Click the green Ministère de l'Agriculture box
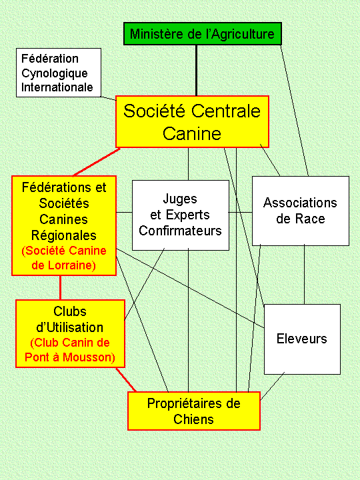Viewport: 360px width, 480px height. (x=203, y=34)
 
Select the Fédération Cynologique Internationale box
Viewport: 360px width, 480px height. (x=59, y=73)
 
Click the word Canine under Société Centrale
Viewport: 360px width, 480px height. (x=192, y=133)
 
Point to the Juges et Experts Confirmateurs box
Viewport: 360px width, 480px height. (x=180, y=215)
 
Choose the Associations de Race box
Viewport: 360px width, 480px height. (x=300, y=211)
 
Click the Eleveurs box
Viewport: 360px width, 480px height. (x=302, y=339)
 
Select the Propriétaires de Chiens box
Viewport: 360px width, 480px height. (x=194, y=411)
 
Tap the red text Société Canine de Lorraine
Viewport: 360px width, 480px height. (x=64, y=258)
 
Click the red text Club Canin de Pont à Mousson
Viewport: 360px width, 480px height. (x=70, y=350)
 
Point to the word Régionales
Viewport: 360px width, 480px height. (x=64, y=235)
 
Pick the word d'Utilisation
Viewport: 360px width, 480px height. (x=70, y=327)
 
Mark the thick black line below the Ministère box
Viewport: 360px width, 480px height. (x=196, y=71)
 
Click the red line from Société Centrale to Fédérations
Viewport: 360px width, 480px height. (x=97, y=162)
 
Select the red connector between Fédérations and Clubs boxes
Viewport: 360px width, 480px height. (x=60, y=288)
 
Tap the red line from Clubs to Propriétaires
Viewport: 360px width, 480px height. (x=126, y=379)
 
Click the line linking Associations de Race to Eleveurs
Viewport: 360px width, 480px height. (x=304, y=275)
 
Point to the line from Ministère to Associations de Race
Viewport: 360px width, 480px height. (x=295, y=111)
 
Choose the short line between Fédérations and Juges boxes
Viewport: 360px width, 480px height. (x=124, y=212)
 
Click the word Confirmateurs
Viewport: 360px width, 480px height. (x=180, y=231)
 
